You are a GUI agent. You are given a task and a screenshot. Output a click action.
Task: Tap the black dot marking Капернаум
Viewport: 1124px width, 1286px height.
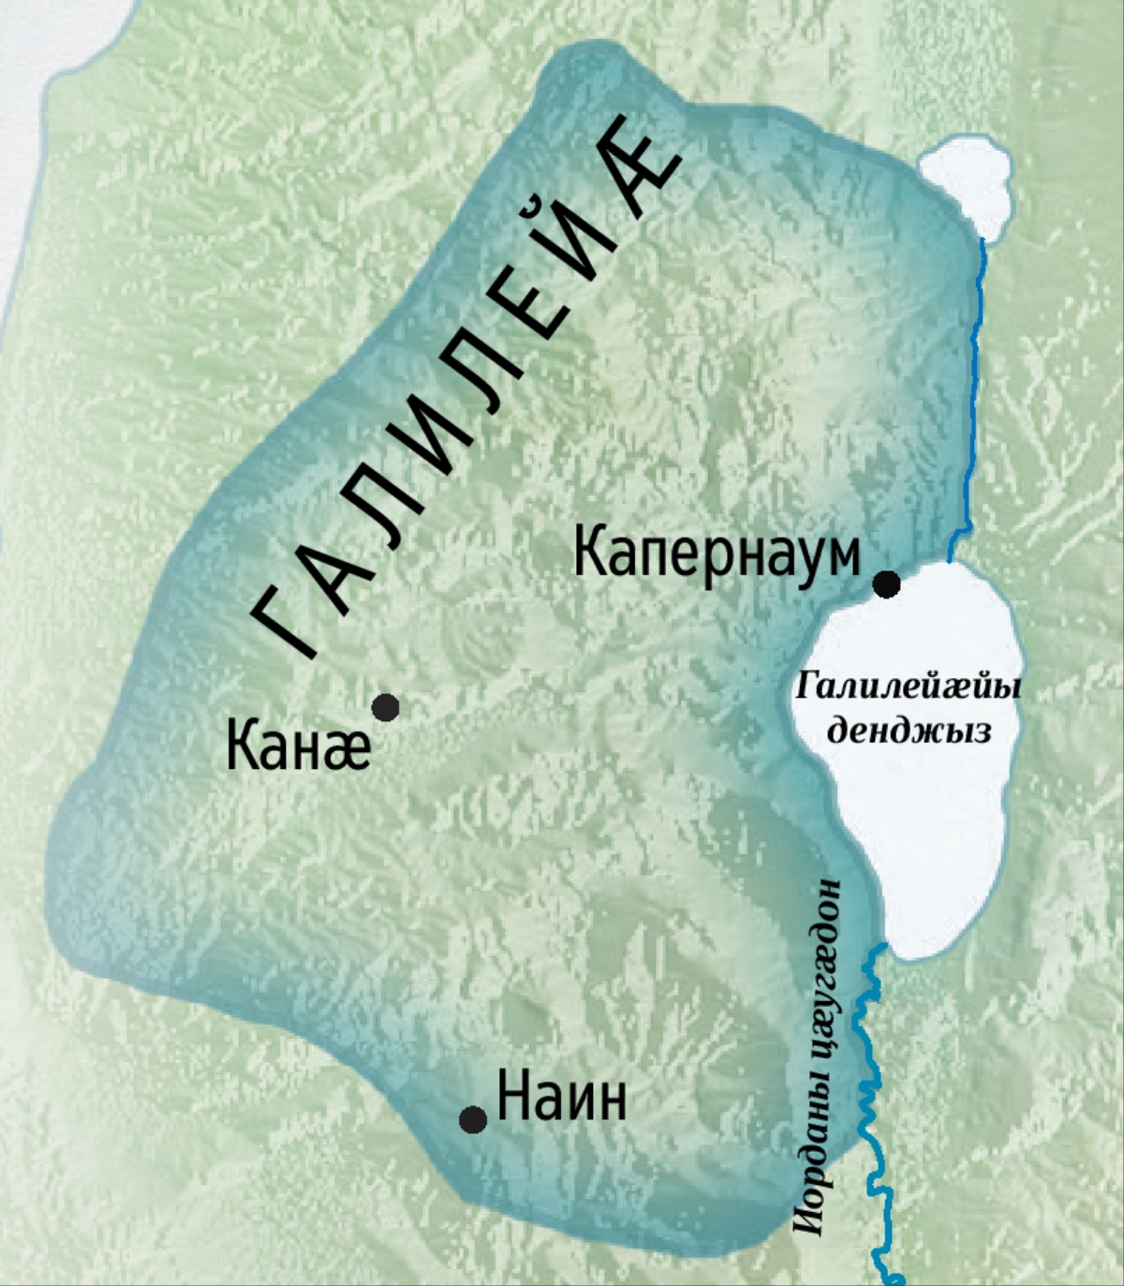click(886, 584)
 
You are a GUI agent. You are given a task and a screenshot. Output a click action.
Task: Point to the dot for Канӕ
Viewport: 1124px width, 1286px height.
click(385, 707)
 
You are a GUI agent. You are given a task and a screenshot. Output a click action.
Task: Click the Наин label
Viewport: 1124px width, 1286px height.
click(561, 1098)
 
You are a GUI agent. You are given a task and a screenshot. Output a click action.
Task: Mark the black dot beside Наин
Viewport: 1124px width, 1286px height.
click(473, 1119)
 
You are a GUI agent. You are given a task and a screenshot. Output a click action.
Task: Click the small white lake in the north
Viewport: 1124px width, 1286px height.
click(965, 183)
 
